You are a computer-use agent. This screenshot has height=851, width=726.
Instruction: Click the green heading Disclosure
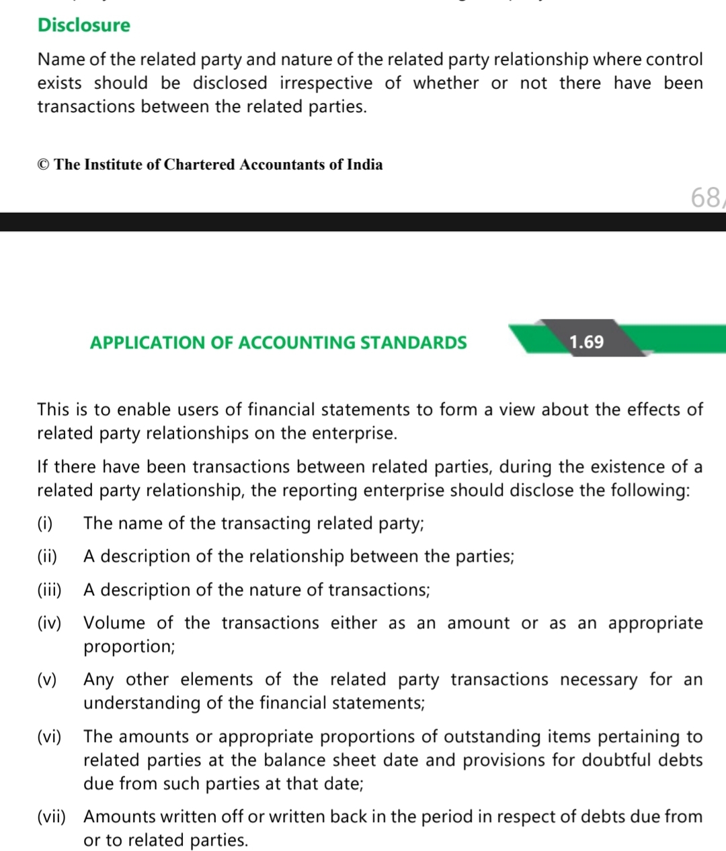pyautogui.click(x=84, y=25)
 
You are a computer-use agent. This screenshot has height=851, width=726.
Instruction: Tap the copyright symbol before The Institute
pyautogui.click(x=44, y=165)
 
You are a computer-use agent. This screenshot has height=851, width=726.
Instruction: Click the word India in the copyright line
pyautogui.click(x=365, y=165)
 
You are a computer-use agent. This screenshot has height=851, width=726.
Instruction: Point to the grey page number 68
pyautogui.click(x=705, y=197)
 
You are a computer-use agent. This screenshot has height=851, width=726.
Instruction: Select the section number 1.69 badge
pyautogui.click(x=586, y=342)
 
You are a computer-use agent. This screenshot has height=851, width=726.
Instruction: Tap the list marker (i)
pyautogui.click(x=45, y=523)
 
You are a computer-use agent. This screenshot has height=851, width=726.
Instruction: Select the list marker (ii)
pyautogui.click(x=47, y=556)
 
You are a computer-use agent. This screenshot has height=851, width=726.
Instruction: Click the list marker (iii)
pyautogui.click(x=49, y=590)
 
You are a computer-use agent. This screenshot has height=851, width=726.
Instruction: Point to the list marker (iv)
pyautogui.click(x=49, y=623)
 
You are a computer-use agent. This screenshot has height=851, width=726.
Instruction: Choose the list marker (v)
pyautogui.click(x=47, y=679)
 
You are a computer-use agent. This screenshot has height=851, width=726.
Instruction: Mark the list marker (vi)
pyautogui.click(x=49, y=737)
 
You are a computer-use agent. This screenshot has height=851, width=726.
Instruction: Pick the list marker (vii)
pyautogui.click(x=52, y=817)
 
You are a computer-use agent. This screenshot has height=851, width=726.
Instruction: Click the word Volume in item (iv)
pyautogui.click(x=114, y=623)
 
